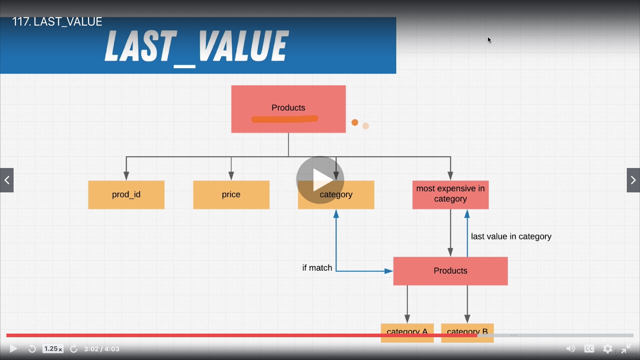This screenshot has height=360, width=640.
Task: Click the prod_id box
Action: pyautogui.click(x=126, y=195)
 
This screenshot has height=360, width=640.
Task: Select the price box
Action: pyautogui.click(x=231, y=195)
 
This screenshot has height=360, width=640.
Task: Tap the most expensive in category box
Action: pyautogui.click(x=450, y=194)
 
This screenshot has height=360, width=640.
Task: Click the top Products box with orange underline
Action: pyautogui.click(x=288, y=109)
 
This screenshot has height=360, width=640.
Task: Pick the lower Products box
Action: pyautogui.click(x=450, y=271)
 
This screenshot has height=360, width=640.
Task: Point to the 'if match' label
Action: pyautogui.click(x=317, y=268)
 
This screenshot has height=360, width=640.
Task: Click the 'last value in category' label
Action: pyautogui.click(x=511, y=236)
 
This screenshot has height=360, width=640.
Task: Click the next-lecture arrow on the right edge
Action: pyautogui.click(x=633, y=180)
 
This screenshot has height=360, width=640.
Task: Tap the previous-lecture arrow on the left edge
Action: pyautogui.click(x=7, y=180)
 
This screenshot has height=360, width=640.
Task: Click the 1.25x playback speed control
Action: pyautogui.click(x=53, y=349)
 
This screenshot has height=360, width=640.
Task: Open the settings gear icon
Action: pyautogui.click(x=608, y=349)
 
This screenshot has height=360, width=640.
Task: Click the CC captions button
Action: pyautogui.click(x=589, y=349)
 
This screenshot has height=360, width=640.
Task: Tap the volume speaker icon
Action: pyautogui.click(x=570, y=349)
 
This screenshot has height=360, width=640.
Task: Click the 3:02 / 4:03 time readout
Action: pyautogui.click(x=102, y=349)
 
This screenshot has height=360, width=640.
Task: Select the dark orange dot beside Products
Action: pyautogui.click(x=355, y=122)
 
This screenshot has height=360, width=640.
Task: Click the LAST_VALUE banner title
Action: pyautogui.click(x=196, y=46)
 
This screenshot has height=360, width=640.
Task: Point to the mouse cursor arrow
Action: pyautogui.click(x=489, y=40)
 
